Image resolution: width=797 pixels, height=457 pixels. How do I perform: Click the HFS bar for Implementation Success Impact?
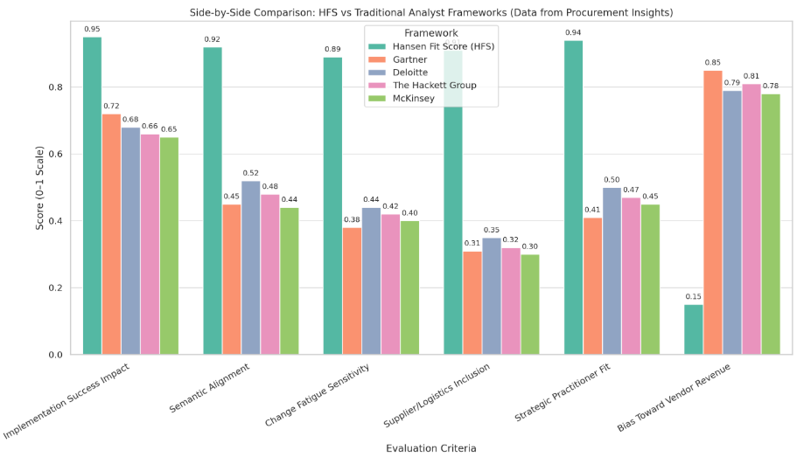coord(92,196)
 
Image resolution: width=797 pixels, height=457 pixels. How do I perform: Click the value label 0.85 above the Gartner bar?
coord(713,63)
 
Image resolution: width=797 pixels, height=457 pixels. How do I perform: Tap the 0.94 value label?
coord(574,33)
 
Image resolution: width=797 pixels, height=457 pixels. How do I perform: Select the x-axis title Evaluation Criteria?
coord(432,448)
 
